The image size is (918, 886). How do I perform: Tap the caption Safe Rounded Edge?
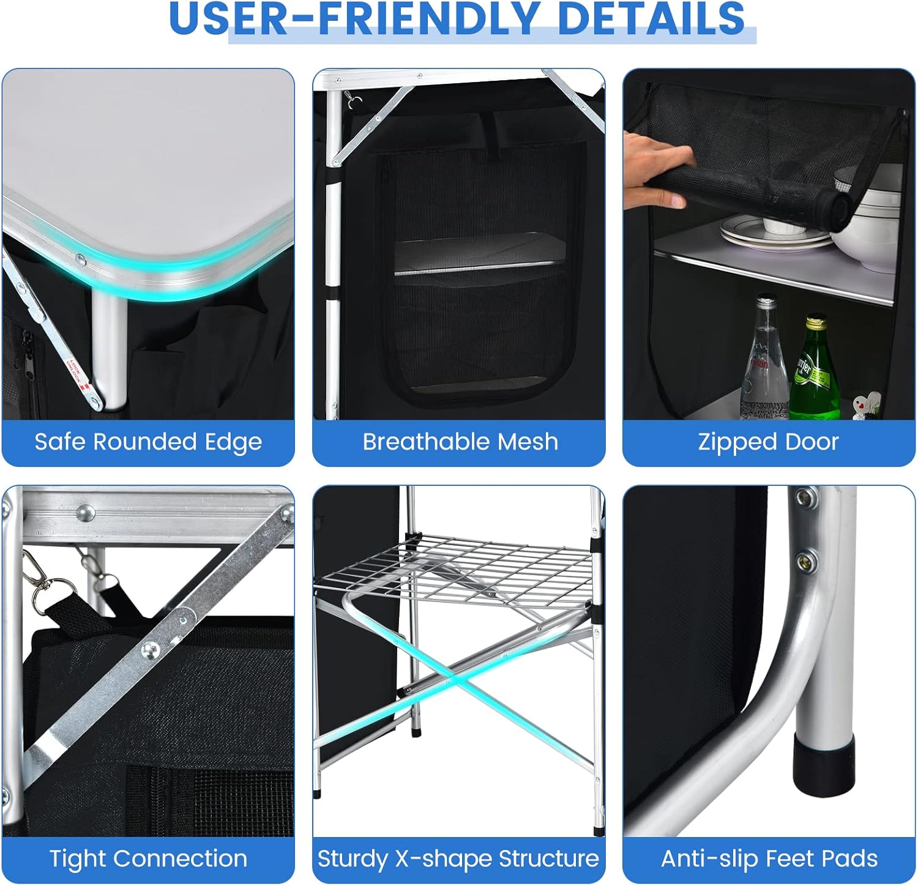click(148, 442)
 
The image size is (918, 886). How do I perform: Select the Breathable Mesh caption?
click(460, 442)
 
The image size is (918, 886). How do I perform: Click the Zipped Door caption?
click(768, 442)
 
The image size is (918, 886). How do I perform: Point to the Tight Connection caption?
click(148, 858)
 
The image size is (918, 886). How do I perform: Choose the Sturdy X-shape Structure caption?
click(458, 858)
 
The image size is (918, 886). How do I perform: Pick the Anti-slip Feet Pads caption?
click(769, 858)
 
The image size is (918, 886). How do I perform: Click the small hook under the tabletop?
click(353, 99)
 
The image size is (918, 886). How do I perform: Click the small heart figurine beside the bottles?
click(863, 404)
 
